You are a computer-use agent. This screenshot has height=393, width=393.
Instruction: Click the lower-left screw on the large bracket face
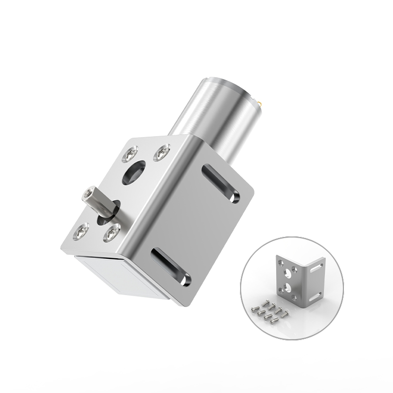[81, 231]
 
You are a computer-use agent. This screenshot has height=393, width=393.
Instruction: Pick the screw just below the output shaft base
[112, 233]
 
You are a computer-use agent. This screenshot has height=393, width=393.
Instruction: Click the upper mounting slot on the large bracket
[221, 184]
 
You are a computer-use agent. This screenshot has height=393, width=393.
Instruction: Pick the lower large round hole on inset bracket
[287, 288]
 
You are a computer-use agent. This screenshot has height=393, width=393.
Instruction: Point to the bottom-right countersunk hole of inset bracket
[294, 297]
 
